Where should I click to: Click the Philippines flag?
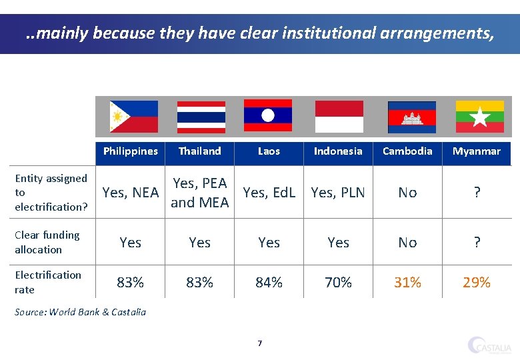tap(133, 117)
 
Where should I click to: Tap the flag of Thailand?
tap(201, 117)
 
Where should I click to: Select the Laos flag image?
tap(268, 115)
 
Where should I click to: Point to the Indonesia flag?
tap(339, 117)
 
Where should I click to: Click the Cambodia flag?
tap(411, 117)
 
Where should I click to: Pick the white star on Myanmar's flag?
tap(479, 118)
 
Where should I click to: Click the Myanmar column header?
tap(476, 151)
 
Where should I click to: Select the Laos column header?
tap(269, 151)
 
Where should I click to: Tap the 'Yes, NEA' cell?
tap(130, 193)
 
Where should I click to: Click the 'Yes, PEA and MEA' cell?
tap(200, 193)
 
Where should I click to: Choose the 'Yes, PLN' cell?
tap(338, 193)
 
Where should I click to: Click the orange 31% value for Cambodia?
tap(407, 283)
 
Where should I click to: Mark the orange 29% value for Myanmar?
tap(476, 283)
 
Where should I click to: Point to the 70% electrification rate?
tap(338, 283)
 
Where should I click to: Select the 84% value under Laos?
tap(269, 283)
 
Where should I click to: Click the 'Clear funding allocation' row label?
tap(47, 242)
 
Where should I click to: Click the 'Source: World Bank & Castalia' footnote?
tap(80, 311)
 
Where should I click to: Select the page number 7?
tap(260, 343)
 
